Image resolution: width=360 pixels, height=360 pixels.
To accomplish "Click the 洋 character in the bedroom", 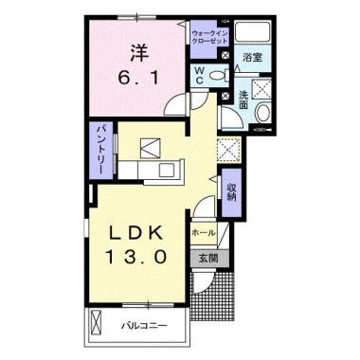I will click(137, 47).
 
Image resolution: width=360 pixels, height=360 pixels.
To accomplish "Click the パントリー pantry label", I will click(99, 147).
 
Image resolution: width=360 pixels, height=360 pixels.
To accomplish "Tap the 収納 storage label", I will click(230, 193).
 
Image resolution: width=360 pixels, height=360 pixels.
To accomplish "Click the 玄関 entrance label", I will click(207, 258).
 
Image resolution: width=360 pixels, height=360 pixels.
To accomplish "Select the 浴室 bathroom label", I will click(251, 59).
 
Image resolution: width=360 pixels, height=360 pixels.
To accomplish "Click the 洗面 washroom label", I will click(243, 98).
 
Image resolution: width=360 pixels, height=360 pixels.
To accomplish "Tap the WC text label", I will click(200, 75).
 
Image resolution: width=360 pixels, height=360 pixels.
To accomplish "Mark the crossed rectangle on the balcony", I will click(97, 325).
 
